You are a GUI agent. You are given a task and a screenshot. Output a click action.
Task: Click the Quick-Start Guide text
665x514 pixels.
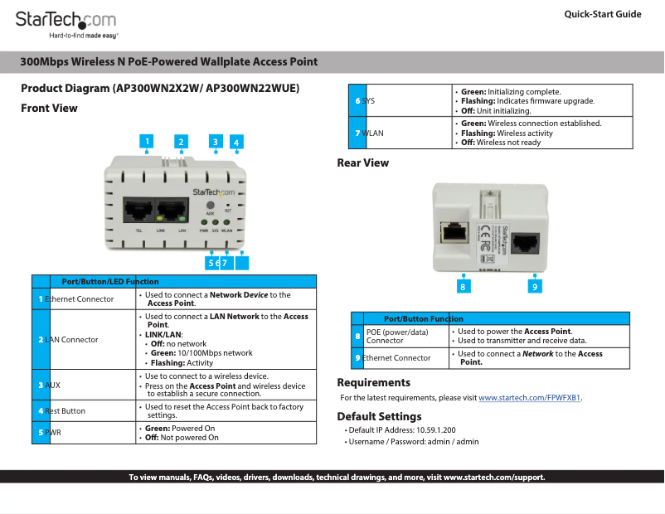tap(602, 14)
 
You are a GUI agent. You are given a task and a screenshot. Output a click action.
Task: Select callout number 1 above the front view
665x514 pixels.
tap(147, 142)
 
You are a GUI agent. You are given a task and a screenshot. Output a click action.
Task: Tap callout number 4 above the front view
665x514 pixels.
tap(236, 143)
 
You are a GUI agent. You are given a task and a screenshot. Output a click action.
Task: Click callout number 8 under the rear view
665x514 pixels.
tap(464, 286)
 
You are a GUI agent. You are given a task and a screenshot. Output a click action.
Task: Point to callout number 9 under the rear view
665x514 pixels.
tap(536, 286)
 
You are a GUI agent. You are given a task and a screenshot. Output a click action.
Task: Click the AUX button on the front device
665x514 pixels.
tap(210, 204)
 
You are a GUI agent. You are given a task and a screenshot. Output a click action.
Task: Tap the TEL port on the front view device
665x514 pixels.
tap(137, 210)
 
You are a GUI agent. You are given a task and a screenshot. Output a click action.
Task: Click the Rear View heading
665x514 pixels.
tap(362, 163)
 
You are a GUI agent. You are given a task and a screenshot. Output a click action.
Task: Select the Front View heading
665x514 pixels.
tap(49, 109)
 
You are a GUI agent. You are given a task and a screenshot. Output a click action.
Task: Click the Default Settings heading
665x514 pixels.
tap(379, 417)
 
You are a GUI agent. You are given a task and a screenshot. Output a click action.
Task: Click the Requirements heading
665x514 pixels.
tap(373, 383)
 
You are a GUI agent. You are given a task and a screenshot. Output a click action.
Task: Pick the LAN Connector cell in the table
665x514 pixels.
tap(71, 340)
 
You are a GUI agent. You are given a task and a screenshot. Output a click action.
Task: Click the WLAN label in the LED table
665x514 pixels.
tap(372, 133)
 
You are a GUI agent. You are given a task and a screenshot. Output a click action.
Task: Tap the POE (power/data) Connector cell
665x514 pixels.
tap(397, 336)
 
